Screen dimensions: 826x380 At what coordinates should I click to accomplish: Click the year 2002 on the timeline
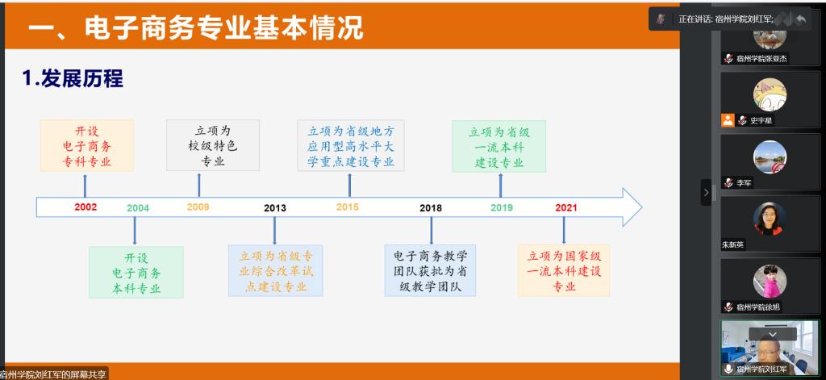point(86,207)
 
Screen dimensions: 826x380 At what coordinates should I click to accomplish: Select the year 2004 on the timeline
point(138,207)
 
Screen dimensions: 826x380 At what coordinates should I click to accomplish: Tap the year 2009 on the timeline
point(198,207)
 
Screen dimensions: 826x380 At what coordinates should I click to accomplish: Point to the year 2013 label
point(275,207)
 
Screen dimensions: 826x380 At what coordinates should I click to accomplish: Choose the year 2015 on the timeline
point(347,207)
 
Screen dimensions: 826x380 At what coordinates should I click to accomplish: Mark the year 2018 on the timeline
point(431,207)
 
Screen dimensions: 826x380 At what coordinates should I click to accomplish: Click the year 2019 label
point(502,207)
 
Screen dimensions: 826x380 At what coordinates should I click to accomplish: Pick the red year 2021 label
point(566,207)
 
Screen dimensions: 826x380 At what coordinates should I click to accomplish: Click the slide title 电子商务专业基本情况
point(223,27)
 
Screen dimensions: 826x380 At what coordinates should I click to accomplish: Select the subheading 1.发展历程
point(72,78)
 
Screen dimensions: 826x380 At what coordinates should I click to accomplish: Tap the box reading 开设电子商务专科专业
point(87,145)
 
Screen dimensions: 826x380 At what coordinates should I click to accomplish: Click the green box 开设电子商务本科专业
point(136,272)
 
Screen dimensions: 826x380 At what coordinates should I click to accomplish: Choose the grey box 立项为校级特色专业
point(213,145)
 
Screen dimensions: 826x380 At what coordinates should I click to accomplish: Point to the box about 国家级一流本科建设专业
point(564,270)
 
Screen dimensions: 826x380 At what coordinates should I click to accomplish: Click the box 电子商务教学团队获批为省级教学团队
point(430,270)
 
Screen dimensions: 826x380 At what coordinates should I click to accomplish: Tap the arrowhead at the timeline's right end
point(632,207)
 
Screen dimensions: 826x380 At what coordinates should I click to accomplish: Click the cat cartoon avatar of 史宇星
point(770,95)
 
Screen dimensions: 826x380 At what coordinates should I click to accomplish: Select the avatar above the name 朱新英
point(770,219)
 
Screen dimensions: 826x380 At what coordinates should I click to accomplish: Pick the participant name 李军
point(744,183)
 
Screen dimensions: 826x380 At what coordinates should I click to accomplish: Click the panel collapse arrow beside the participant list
point(706,192)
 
